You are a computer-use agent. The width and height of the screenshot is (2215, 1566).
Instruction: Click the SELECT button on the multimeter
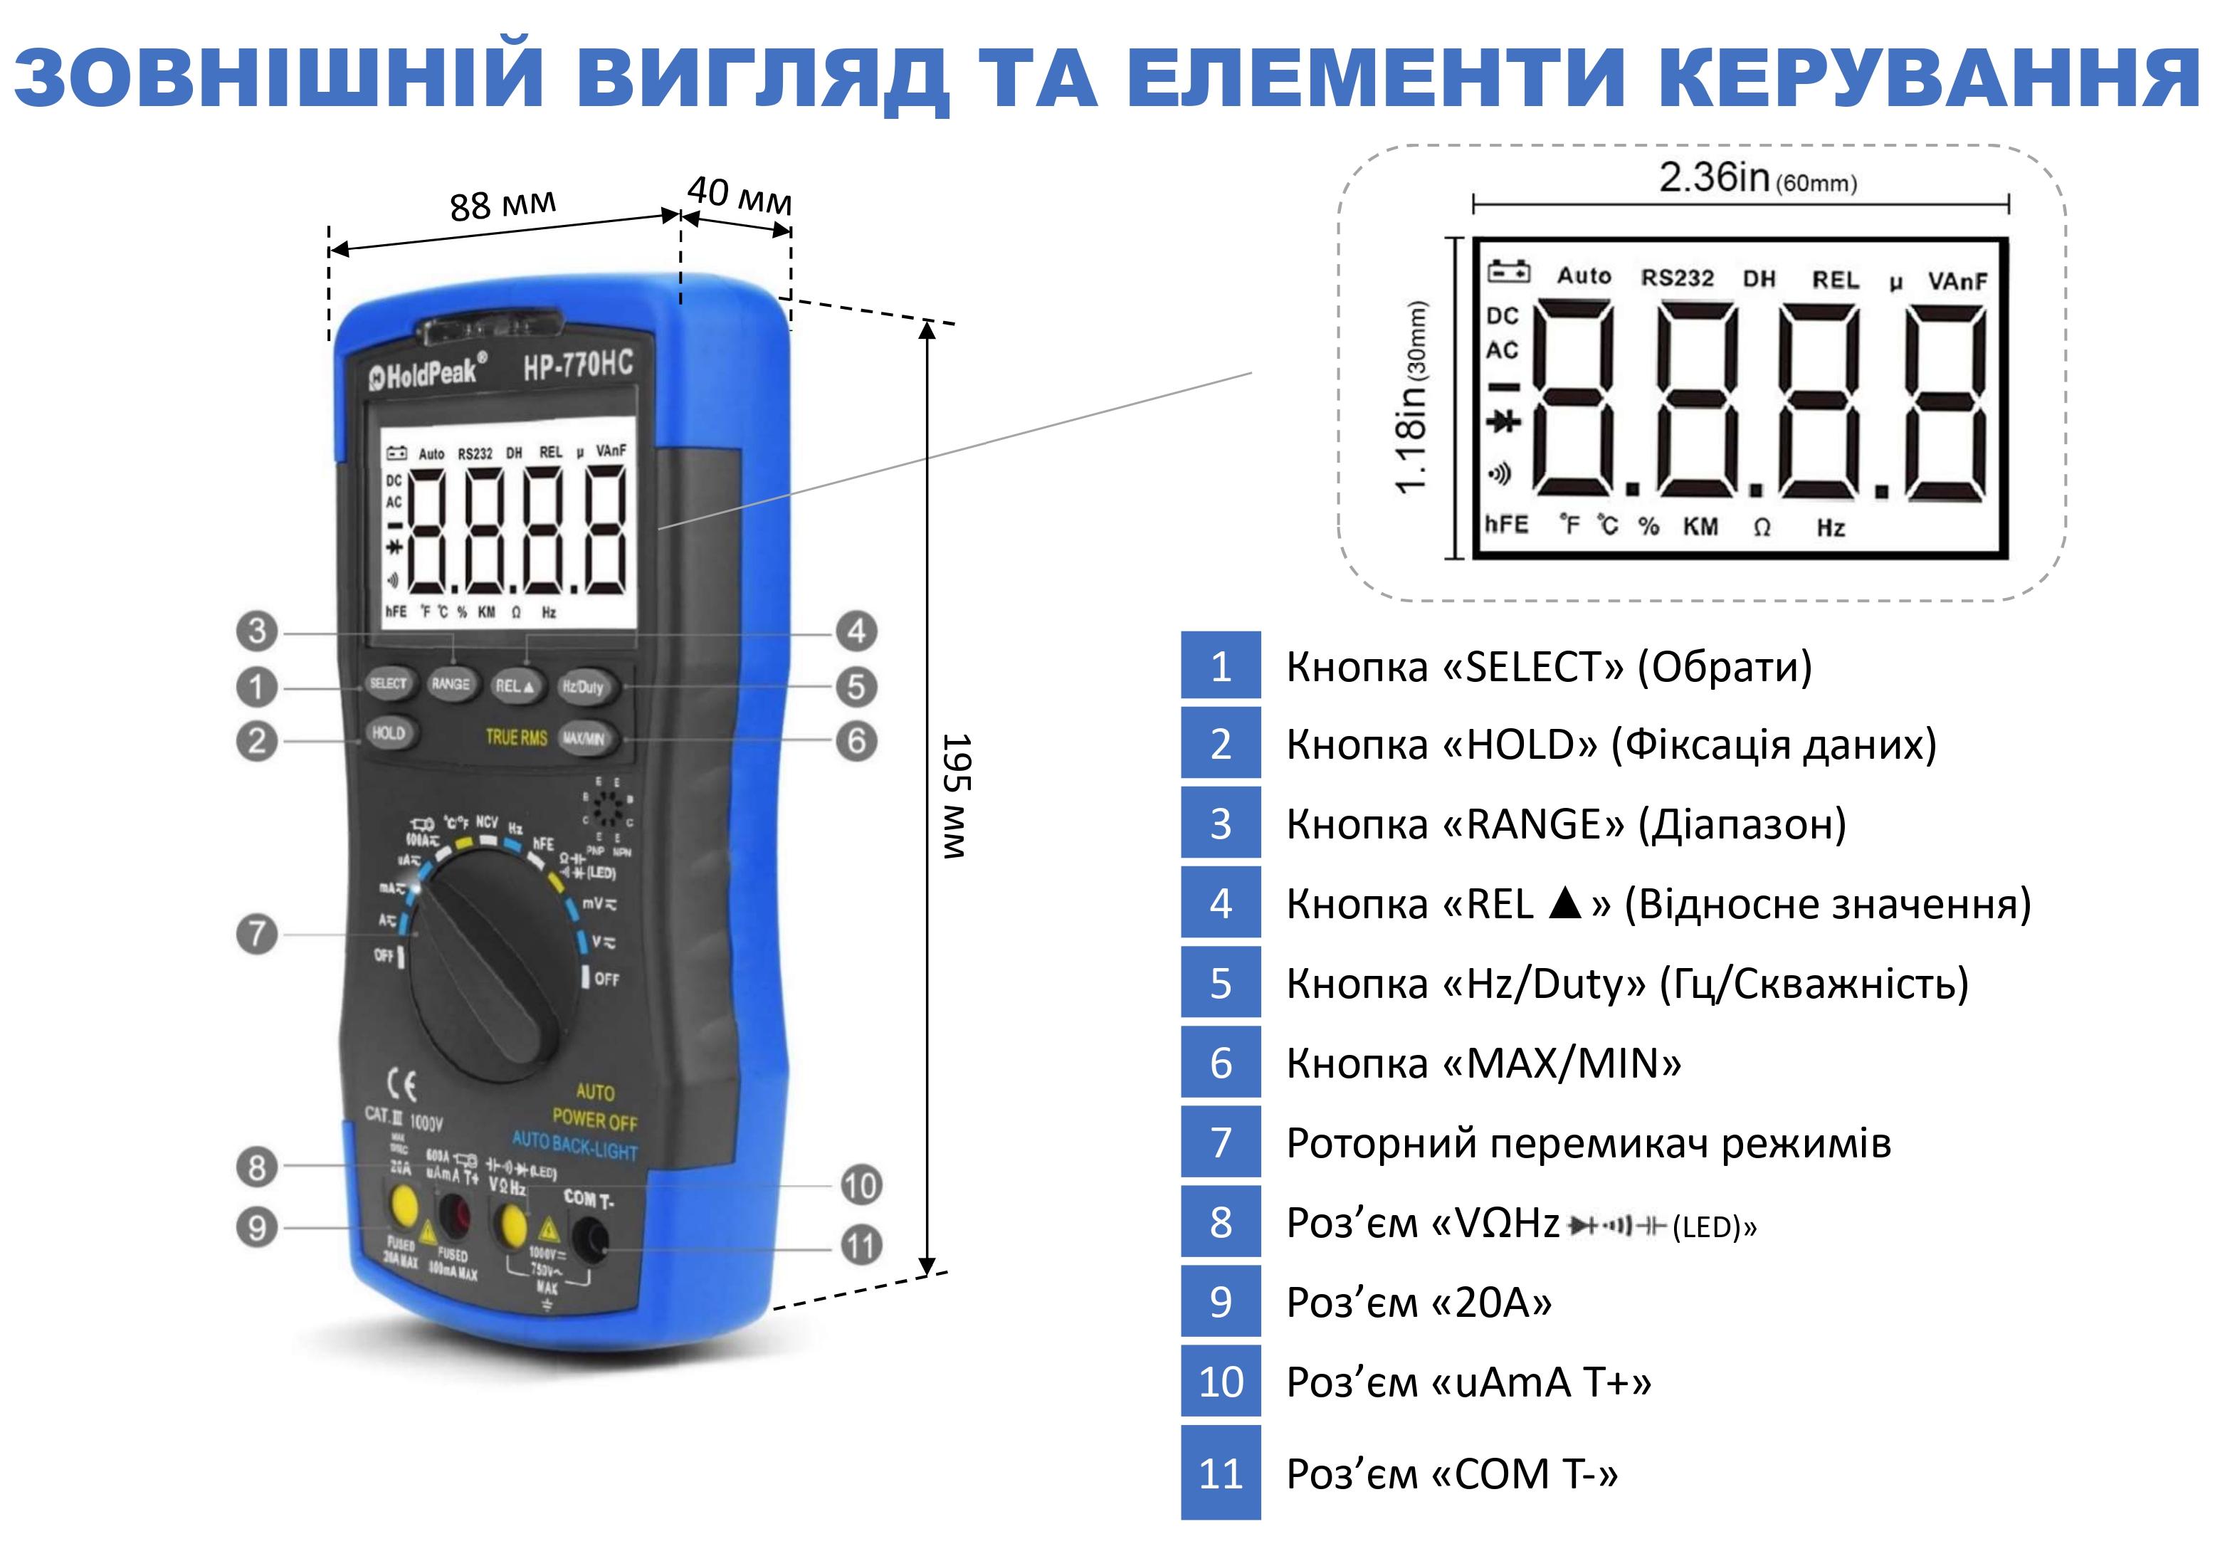tap(388, 684)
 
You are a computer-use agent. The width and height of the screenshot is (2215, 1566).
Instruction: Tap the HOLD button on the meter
tap(388, 733)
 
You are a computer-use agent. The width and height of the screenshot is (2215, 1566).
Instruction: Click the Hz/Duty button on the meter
tap(583, 687)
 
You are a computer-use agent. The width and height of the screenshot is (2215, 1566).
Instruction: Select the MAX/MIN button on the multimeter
tap(584, 739)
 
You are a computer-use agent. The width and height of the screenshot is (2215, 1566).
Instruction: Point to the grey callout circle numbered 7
tap(257, 934)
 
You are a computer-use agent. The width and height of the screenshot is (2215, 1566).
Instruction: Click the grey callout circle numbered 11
tap(861, 1246)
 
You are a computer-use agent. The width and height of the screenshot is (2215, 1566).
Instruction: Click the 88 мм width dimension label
tap(503, 204)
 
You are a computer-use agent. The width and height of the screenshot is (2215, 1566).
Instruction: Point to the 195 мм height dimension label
tap(956, 796)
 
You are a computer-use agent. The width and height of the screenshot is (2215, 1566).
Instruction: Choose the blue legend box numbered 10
tap(1221, 1382)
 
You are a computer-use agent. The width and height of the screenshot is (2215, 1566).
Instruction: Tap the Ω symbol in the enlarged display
tap(1762, 527)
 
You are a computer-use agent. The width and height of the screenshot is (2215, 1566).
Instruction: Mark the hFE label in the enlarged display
tap(1506, 525)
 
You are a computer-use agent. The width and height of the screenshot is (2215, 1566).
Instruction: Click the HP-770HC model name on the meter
tap(578, 364)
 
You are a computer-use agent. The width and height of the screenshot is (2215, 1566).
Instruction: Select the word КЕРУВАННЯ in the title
tap(1930, 77)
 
